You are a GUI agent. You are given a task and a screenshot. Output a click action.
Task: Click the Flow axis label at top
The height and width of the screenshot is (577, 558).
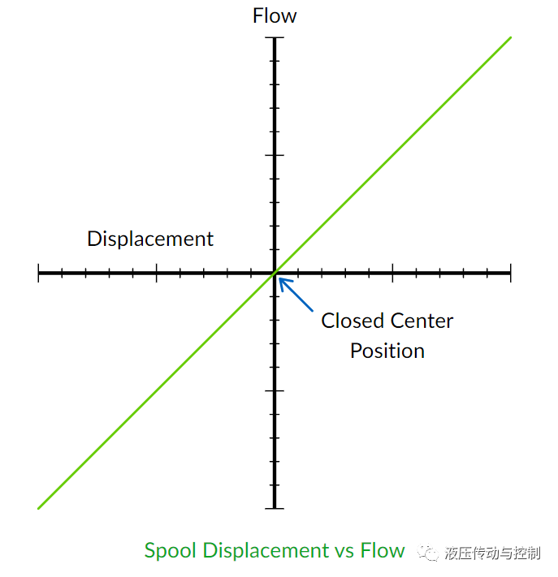coord(275,16)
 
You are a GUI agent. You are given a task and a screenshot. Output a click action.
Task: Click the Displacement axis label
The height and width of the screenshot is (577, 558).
coord(150,239)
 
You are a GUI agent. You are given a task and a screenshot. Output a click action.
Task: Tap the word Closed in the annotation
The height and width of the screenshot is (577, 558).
coord(351,321)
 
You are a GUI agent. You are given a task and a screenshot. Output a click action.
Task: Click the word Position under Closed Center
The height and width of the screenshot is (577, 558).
coord(387,351)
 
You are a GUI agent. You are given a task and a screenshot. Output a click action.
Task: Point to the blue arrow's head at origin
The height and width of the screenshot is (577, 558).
coord(281,281)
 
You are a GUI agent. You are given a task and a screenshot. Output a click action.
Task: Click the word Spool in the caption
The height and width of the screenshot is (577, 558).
coord(170,551)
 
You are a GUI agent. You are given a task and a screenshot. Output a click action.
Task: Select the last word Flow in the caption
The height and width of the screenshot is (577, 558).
coord(383,551)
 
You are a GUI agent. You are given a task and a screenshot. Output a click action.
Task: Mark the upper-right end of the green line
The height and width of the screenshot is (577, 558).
coord(510,37)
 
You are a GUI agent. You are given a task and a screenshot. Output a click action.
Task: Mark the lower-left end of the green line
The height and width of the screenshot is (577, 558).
coord(39,508)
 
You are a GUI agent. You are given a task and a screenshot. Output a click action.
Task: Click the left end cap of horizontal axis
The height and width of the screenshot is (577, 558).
coord(39,273)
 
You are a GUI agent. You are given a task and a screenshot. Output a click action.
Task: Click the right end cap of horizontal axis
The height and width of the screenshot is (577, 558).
coord(510,273)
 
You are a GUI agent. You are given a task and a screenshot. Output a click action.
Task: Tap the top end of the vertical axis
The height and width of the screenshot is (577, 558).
coord(275,38)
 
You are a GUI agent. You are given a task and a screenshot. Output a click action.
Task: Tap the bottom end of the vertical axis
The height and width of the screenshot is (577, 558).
coord(275,508)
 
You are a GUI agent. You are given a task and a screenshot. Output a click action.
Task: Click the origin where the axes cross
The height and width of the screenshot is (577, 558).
coord(275,273)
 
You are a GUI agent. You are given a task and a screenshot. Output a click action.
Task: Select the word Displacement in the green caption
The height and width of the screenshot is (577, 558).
coord(265,551)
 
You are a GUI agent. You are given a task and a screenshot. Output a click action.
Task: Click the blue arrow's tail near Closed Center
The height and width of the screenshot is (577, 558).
coord(313,311)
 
